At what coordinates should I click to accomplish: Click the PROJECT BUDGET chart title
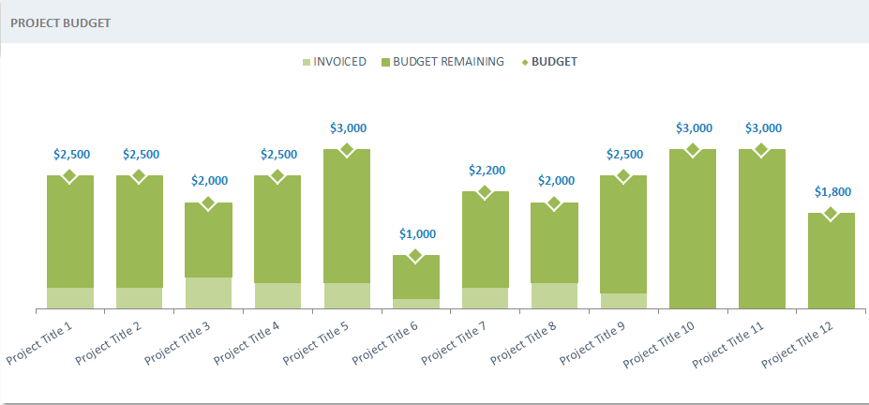50,22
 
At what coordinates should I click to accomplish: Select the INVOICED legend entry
333,62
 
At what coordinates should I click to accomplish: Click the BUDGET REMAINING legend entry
442,62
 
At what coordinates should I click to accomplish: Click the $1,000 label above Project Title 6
417,233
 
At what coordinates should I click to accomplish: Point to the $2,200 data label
486,170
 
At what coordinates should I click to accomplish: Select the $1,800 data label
832,191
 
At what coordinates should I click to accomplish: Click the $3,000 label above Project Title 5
348,127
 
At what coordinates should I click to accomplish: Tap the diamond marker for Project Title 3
208,203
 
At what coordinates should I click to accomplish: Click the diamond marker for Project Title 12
831,214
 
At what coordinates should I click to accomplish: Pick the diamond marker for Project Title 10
693,150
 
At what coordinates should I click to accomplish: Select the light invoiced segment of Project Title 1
70,298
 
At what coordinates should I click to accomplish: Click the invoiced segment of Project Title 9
623,301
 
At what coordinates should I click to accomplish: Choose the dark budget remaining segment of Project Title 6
416,277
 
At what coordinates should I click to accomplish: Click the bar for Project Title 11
762,230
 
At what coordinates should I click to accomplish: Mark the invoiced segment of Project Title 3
208,292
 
